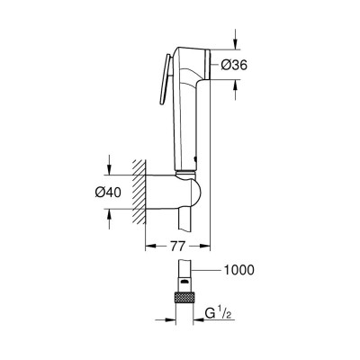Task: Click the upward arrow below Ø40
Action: pyautogui.click(x=109, y=215)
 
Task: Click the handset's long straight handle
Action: pyautogui.click(x=188, y=126)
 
